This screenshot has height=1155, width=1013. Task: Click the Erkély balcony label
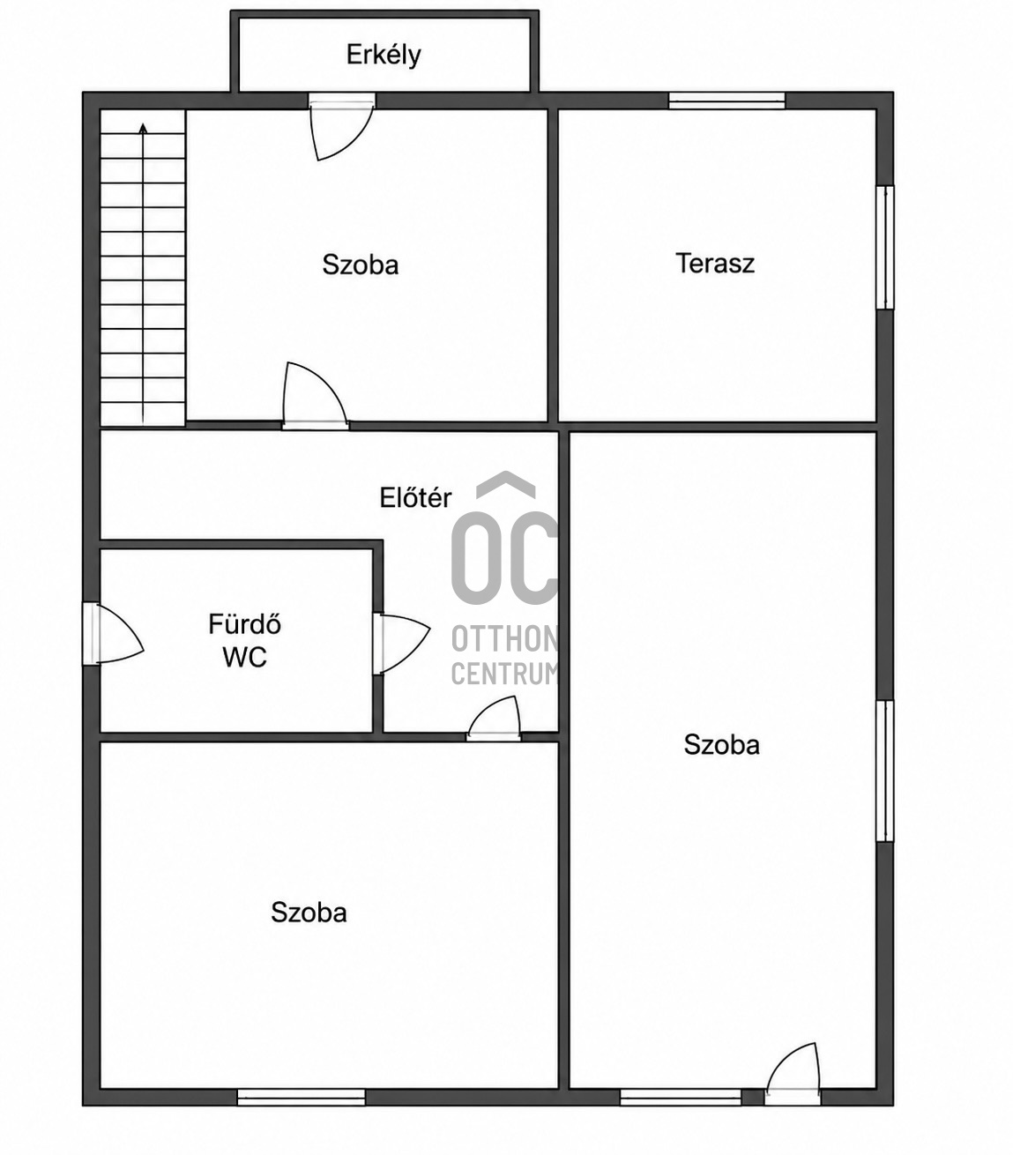[384, 56]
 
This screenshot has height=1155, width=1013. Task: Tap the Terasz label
[715, 264]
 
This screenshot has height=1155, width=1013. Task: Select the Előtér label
[415, 497]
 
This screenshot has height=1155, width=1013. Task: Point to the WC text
[244, 658]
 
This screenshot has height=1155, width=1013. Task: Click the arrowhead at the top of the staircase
[143, 129]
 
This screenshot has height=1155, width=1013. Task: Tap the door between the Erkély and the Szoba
[341, 127]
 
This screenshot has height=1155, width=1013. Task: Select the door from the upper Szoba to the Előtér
[316, 396]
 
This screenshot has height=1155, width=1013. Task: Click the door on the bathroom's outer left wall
[113, 633]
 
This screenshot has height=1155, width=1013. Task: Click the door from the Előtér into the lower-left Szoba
[494, 719]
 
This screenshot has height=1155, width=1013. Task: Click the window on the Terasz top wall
[726, 101]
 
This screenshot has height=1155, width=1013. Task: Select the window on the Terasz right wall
[885, 248]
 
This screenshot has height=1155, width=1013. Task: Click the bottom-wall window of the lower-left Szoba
[301, 1098]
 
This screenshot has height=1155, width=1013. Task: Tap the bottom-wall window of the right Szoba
[681, 1098]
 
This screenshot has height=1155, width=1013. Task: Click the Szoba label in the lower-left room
[309, 913]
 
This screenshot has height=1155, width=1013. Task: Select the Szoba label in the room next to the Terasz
[361, 265]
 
